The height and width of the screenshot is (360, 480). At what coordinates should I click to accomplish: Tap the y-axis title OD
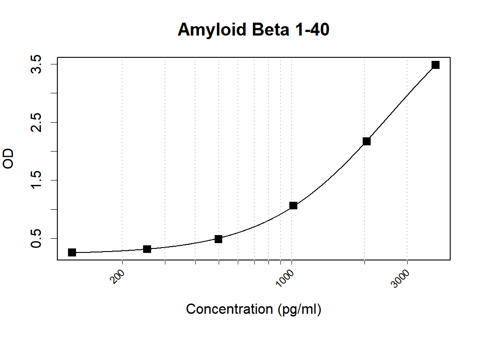(9, 159)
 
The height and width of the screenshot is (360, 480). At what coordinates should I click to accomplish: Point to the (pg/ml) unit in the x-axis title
(299, 309)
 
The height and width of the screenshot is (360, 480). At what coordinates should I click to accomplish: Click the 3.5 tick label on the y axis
(36, 64)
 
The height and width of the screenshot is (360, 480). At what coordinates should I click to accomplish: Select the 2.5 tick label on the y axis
(36, 122)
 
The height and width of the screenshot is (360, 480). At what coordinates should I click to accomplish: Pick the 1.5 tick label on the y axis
(36, 180)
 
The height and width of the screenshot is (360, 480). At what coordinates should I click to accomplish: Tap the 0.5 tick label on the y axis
(36, 238)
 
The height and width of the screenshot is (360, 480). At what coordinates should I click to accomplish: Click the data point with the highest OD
(436, 65)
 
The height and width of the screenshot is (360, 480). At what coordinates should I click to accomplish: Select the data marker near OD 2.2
(367, 141)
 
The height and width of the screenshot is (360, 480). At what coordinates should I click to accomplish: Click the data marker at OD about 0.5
(218, 239)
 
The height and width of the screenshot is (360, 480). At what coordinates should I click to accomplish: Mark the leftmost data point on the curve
(72, 252)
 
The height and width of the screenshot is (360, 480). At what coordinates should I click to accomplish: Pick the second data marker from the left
(147, 249)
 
